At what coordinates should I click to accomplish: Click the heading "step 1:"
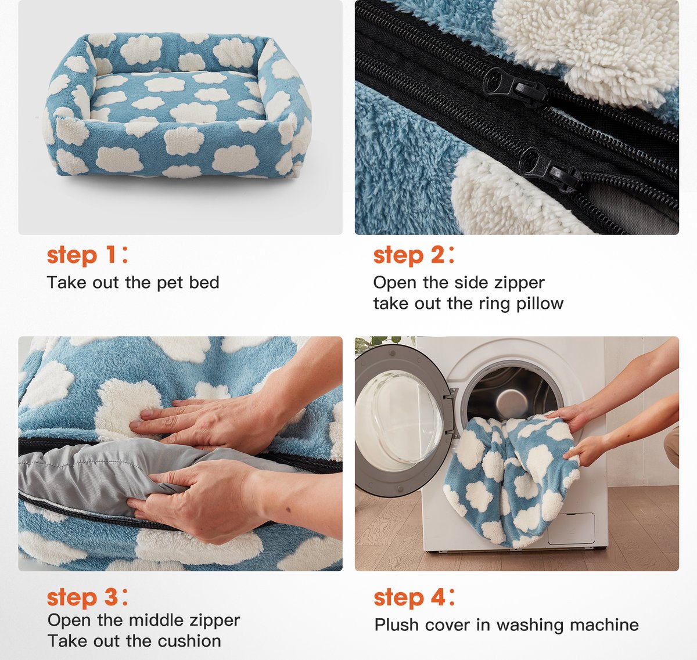pos(87,255)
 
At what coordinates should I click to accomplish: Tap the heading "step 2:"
pos(414,255)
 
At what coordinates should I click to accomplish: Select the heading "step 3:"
pos(87,597)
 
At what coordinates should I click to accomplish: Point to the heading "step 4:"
pos(414,597)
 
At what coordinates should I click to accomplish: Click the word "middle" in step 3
pos(156,621)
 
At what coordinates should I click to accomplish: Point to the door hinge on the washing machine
pos(451,411)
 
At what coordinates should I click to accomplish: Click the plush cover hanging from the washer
pos(511,477)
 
